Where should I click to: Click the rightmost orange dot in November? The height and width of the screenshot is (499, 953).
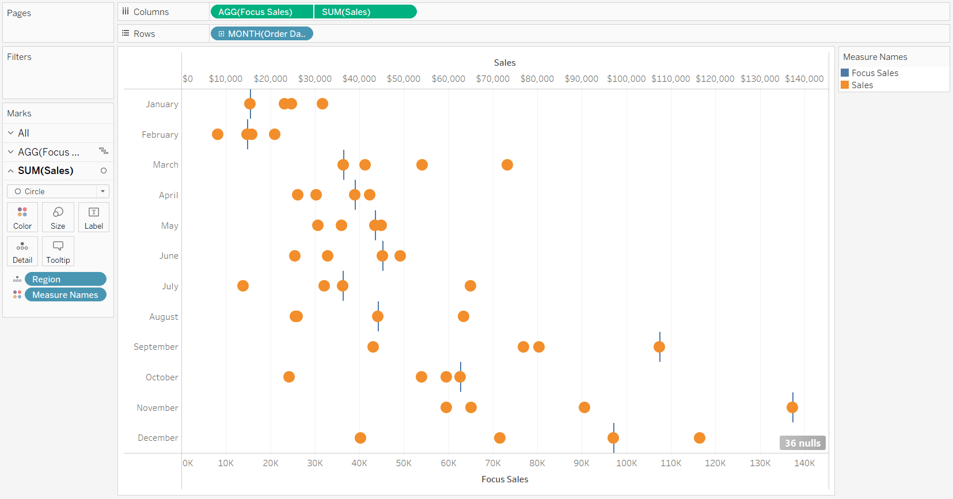(x=792, y=407)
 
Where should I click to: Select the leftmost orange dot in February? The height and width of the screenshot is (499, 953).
(x=218, y=134)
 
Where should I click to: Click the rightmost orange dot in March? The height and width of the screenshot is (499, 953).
(x=507, y=165)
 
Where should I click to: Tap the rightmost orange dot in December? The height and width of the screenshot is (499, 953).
(x=700, y=438)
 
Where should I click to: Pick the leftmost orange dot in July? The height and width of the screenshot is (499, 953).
(x=243, y=286)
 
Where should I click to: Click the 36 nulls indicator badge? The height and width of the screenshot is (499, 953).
(x=802, y=443)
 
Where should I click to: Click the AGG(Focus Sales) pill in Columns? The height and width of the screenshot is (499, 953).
(x=261, y=12)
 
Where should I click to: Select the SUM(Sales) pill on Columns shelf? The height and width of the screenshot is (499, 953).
(x=365, y=12)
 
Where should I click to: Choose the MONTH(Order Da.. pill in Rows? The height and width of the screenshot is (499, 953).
(x=262, y=33)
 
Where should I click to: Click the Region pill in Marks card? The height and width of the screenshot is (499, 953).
(x=65, y=279)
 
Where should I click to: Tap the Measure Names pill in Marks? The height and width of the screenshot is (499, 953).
(x=65, y=294)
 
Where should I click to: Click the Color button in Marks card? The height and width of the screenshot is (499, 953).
(x=22, y=217)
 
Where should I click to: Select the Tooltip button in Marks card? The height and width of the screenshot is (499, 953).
(x=58, y=251)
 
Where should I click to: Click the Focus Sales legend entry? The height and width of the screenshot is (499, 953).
(x=874, y=73)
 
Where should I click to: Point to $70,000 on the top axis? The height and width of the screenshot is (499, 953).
(x=492, y=78)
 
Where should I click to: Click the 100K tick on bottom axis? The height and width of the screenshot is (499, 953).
(x=627, y=463)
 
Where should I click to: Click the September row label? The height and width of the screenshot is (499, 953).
(x=155, y=347)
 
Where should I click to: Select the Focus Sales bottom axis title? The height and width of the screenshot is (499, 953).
(x=504, y=479)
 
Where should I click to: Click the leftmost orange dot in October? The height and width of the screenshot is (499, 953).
(x=289, y=377)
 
